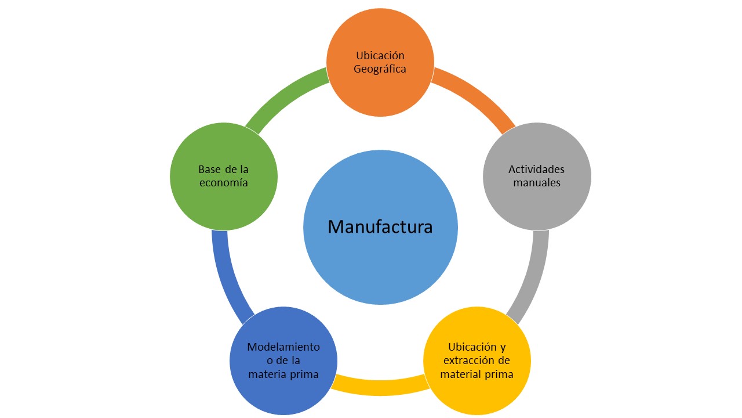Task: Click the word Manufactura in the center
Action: pos(380,226)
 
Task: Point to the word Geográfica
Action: pos(380,69)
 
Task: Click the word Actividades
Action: pos(536,170)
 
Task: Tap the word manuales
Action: pos(536,183)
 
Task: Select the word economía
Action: pos(223,183)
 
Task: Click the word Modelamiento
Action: pos(283,347)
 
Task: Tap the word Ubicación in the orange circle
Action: pos(380,56)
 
